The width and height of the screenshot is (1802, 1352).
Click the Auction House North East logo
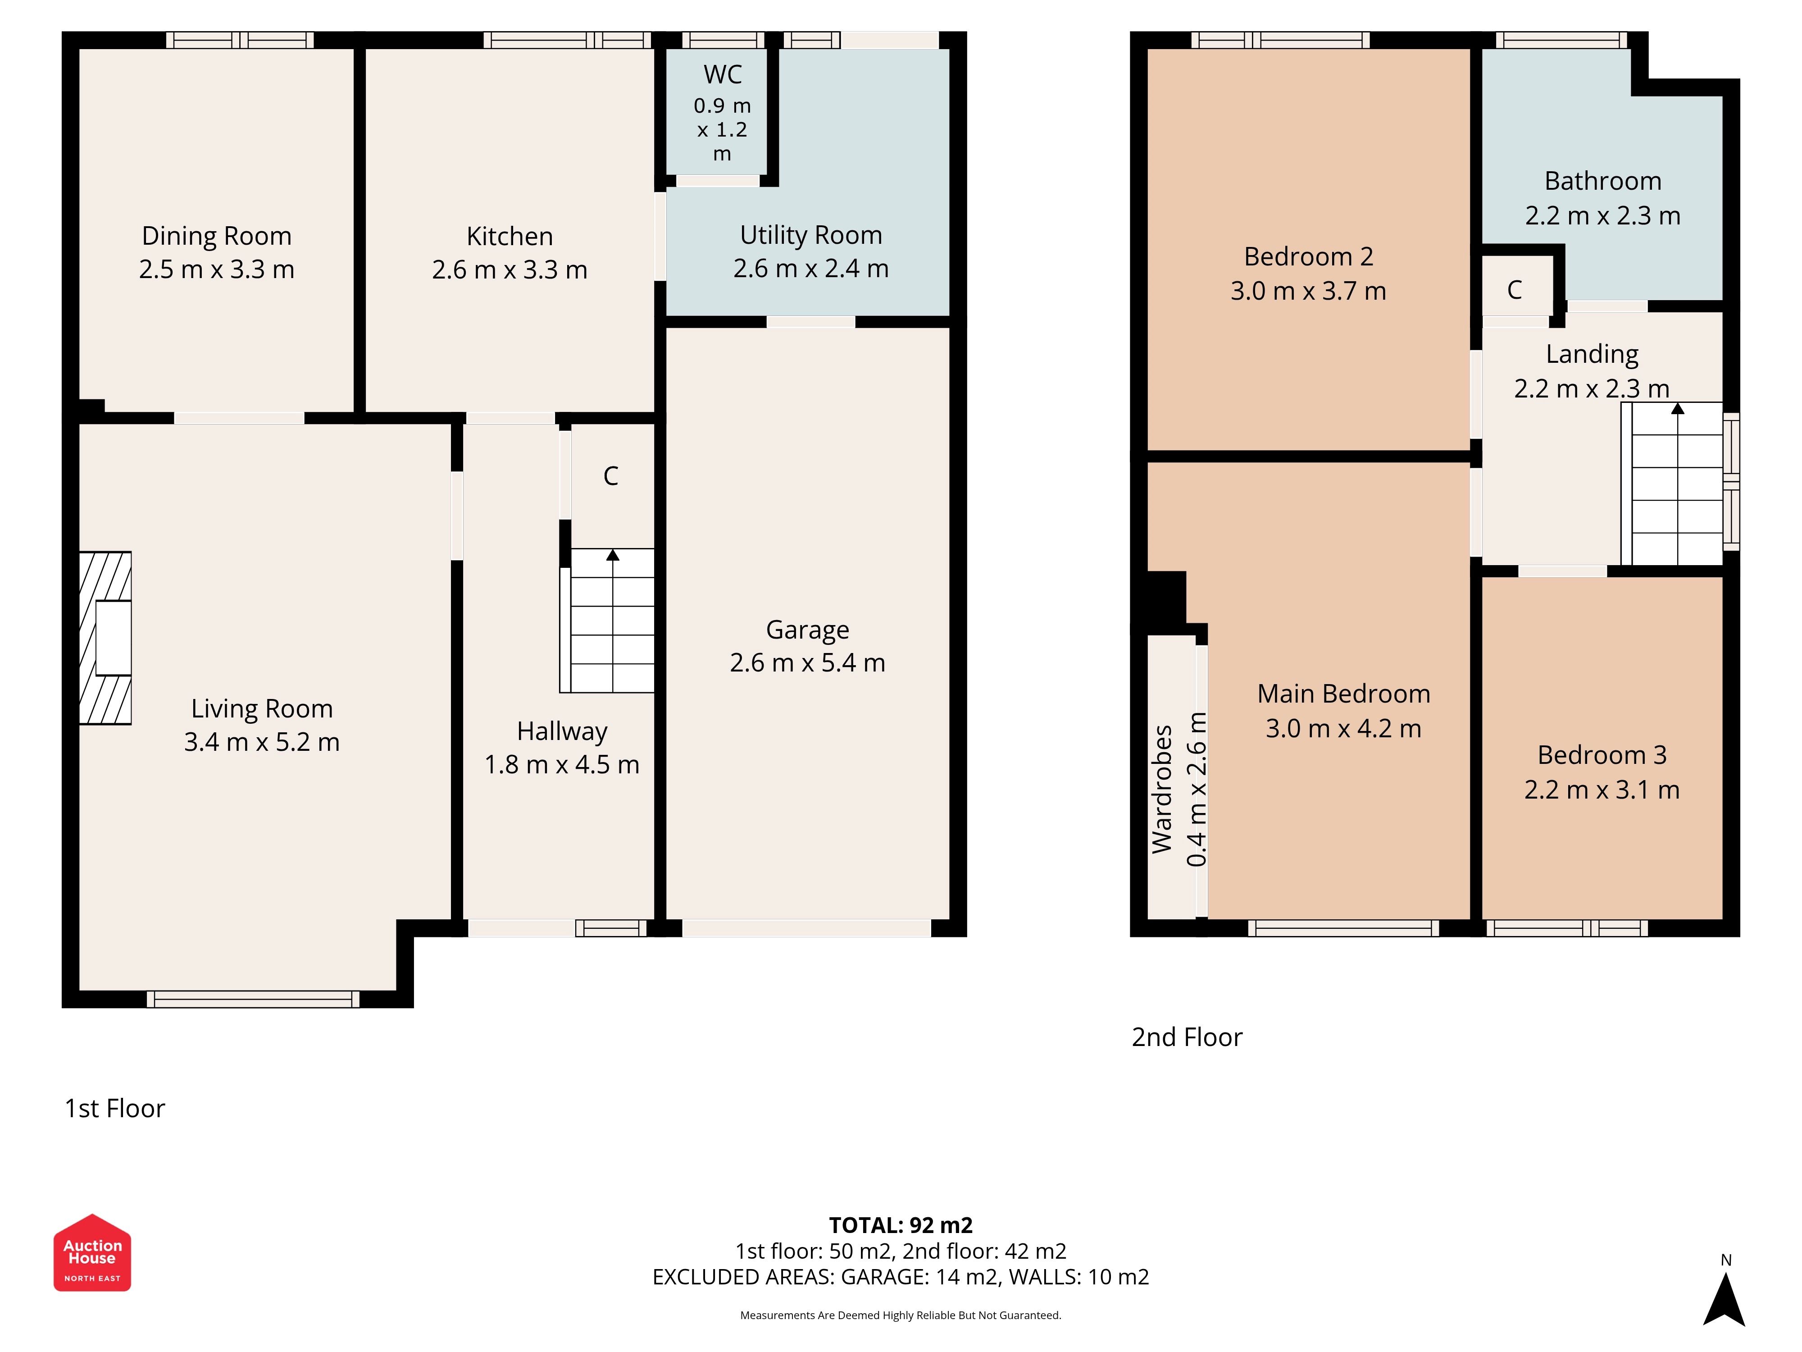92,1252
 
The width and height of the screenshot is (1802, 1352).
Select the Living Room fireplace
105,638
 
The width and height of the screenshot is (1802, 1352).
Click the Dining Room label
217,236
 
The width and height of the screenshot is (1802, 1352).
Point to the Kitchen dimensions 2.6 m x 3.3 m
510,270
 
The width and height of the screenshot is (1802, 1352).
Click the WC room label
723,74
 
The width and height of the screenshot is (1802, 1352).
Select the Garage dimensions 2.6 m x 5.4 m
807,662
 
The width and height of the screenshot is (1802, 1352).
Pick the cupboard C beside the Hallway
611,476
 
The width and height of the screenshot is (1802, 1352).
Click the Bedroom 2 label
1308,257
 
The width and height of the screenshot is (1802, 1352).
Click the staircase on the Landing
1672,484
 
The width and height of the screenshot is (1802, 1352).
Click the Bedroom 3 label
1602,755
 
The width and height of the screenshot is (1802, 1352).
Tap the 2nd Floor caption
1187,1037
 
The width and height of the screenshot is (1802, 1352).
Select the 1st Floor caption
115,1108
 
